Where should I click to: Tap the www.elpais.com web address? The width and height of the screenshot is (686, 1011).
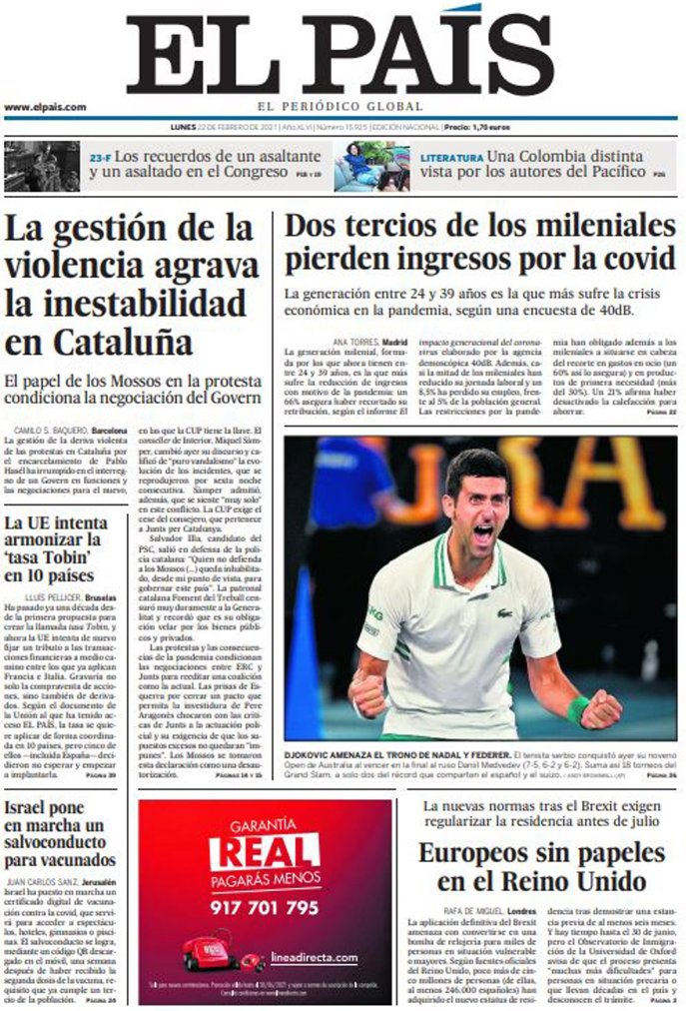[45, 107]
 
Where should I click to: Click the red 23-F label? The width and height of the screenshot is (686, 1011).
[100, 157]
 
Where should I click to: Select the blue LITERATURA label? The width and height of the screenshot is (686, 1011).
[451, 158]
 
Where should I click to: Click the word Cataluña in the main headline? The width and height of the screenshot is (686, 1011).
[98, 341]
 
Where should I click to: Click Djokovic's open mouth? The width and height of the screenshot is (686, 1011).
[482, 534]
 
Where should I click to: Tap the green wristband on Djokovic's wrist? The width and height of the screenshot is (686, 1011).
[576, 709]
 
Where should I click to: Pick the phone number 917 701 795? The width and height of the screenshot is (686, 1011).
[265, 907]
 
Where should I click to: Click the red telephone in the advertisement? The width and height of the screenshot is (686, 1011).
[211, 953]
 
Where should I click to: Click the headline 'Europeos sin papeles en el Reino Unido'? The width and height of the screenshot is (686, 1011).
[540, 867]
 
